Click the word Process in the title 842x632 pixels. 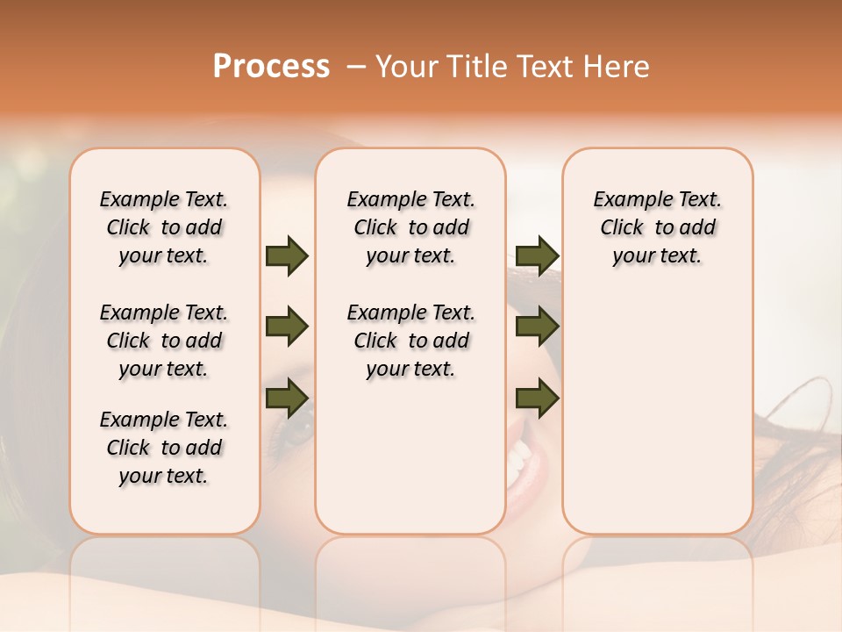[x=271, y=67]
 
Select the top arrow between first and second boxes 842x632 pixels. [x=287, y=256]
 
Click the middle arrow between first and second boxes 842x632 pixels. [x=287, y=327]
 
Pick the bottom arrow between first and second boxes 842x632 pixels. [x=287, y=399]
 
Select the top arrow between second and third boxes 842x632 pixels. [x=537, y=256]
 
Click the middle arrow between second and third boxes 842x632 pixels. [x=537, y=327]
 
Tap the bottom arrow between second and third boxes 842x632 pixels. [x=537, y=399]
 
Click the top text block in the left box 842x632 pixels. [x=164, y=227]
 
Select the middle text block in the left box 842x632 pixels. [x=164, y=341]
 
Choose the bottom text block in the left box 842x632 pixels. [x=164, y=448]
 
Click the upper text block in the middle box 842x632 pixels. [x=410, y=227]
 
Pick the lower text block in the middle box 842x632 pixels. [x=410, y=341]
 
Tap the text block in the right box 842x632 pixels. [x=657, y=227]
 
